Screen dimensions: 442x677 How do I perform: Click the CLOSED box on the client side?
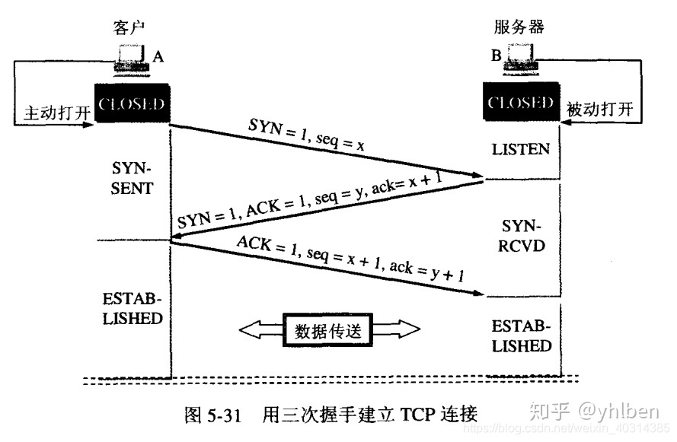tap(131, 103)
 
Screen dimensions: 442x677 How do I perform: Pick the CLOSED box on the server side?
tap(521, 103)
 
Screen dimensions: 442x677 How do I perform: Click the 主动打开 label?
tap(53, 112)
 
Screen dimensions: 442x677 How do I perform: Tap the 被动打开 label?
tap(599, 111)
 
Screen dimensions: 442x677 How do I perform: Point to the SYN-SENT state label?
tap(131, 176)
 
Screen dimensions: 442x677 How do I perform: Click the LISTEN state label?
tap(521, 149)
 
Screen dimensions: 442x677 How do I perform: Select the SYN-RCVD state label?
tap(521, 237)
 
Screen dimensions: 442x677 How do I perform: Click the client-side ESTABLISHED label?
tap(131, 307)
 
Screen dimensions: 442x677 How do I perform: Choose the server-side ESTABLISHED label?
tap(521, 336)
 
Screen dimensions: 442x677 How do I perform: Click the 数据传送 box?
tap(330, 331)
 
